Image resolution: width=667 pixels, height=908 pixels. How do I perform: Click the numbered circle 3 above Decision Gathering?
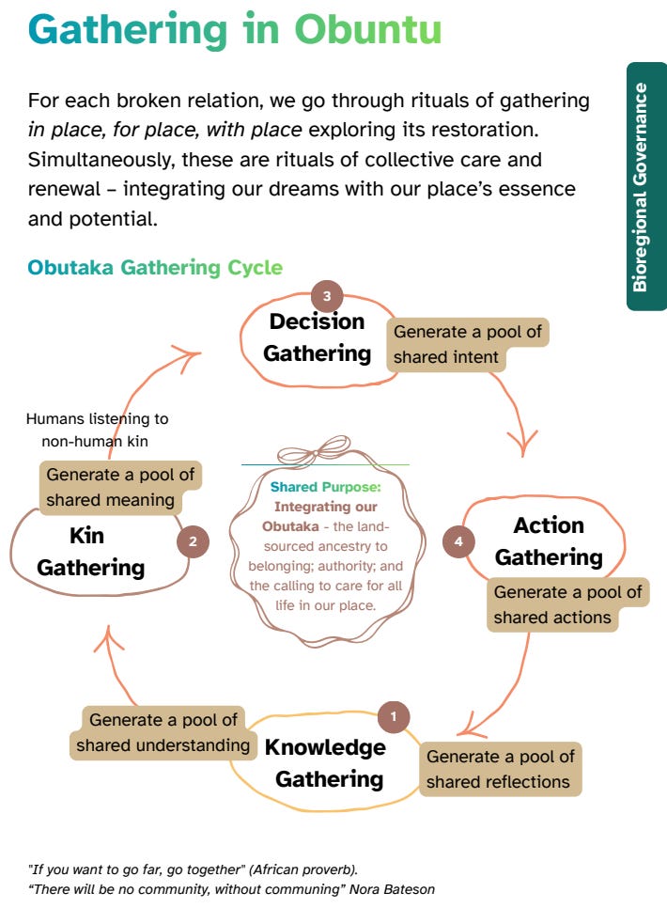[x=327, y=296]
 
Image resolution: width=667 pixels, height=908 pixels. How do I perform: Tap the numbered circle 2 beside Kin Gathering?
[x=193, y=541]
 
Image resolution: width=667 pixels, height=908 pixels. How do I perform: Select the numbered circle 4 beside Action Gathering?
[x=458, y=541]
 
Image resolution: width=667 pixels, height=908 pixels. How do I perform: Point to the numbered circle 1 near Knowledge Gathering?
[x=394, y=717]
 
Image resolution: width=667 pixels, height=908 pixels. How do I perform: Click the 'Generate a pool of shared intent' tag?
[x=467, y=345]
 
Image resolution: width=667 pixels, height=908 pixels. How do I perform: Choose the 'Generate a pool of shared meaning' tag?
[x=120, y=487]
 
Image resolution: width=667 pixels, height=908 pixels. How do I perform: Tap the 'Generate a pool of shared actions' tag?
[x=567, y=604]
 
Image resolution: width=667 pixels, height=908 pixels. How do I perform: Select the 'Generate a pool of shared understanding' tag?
[x=163, y=733]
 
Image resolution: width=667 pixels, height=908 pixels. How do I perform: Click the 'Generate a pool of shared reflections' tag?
[x=500, y=769]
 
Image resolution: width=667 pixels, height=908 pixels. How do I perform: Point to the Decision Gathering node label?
[x=317, y=337]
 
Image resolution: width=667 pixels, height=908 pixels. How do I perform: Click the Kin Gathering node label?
[x=90, y=552]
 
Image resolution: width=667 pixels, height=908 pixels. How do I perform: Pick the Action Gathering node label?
[x=549, y=541]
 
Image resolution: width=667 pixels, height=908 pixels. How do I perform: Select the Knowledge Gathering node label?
[x=326, y=763]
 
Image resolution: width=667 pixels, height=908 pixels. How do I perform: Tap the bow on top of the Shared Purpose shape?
[x=326, y=448]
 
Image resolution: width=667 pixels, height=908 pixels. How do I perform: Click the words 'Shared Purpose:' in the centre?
[x=325, y=487]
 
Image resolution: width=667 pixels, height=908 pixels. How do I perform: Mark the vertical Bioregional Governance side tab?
[x=646, y=186]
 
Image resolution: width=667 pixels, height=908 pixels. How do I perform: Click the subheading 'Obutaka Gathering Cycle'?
[x=155, y=267]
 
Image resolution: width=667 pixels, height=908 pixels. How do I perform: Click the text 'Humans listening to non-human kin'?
[x=97, y=430]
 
